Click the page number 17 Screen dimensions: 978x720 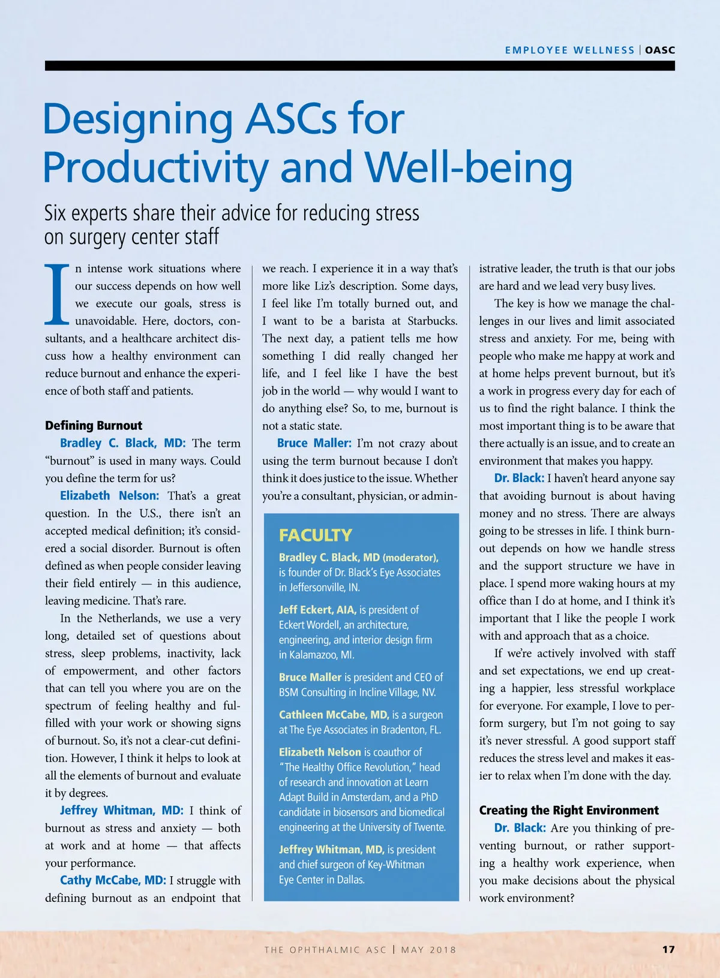tap(668, 949)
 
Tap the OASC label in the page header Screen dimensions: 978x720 tap(660, 50)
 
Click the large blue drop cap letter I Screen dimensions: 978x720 tap(58, 293)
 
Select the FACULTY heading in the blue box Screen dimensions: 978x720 tap(316, 535)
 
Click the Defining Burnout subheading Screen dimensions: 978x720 tap(94, 426)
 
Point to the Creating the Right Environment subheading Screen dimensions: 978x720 tap(569, 811)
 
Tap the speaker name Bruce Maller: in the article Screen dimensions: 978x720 tap(314, 443)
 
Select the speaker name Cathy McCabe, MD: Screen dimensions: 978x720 tap(113, 880)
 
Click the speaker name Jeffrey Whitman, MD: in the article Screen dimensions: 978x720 tap(122, 811)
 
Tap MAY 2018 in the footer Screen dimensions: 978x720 tap(428, 950)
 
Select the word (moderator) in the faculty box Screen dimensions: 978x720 tap(410, 558)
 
